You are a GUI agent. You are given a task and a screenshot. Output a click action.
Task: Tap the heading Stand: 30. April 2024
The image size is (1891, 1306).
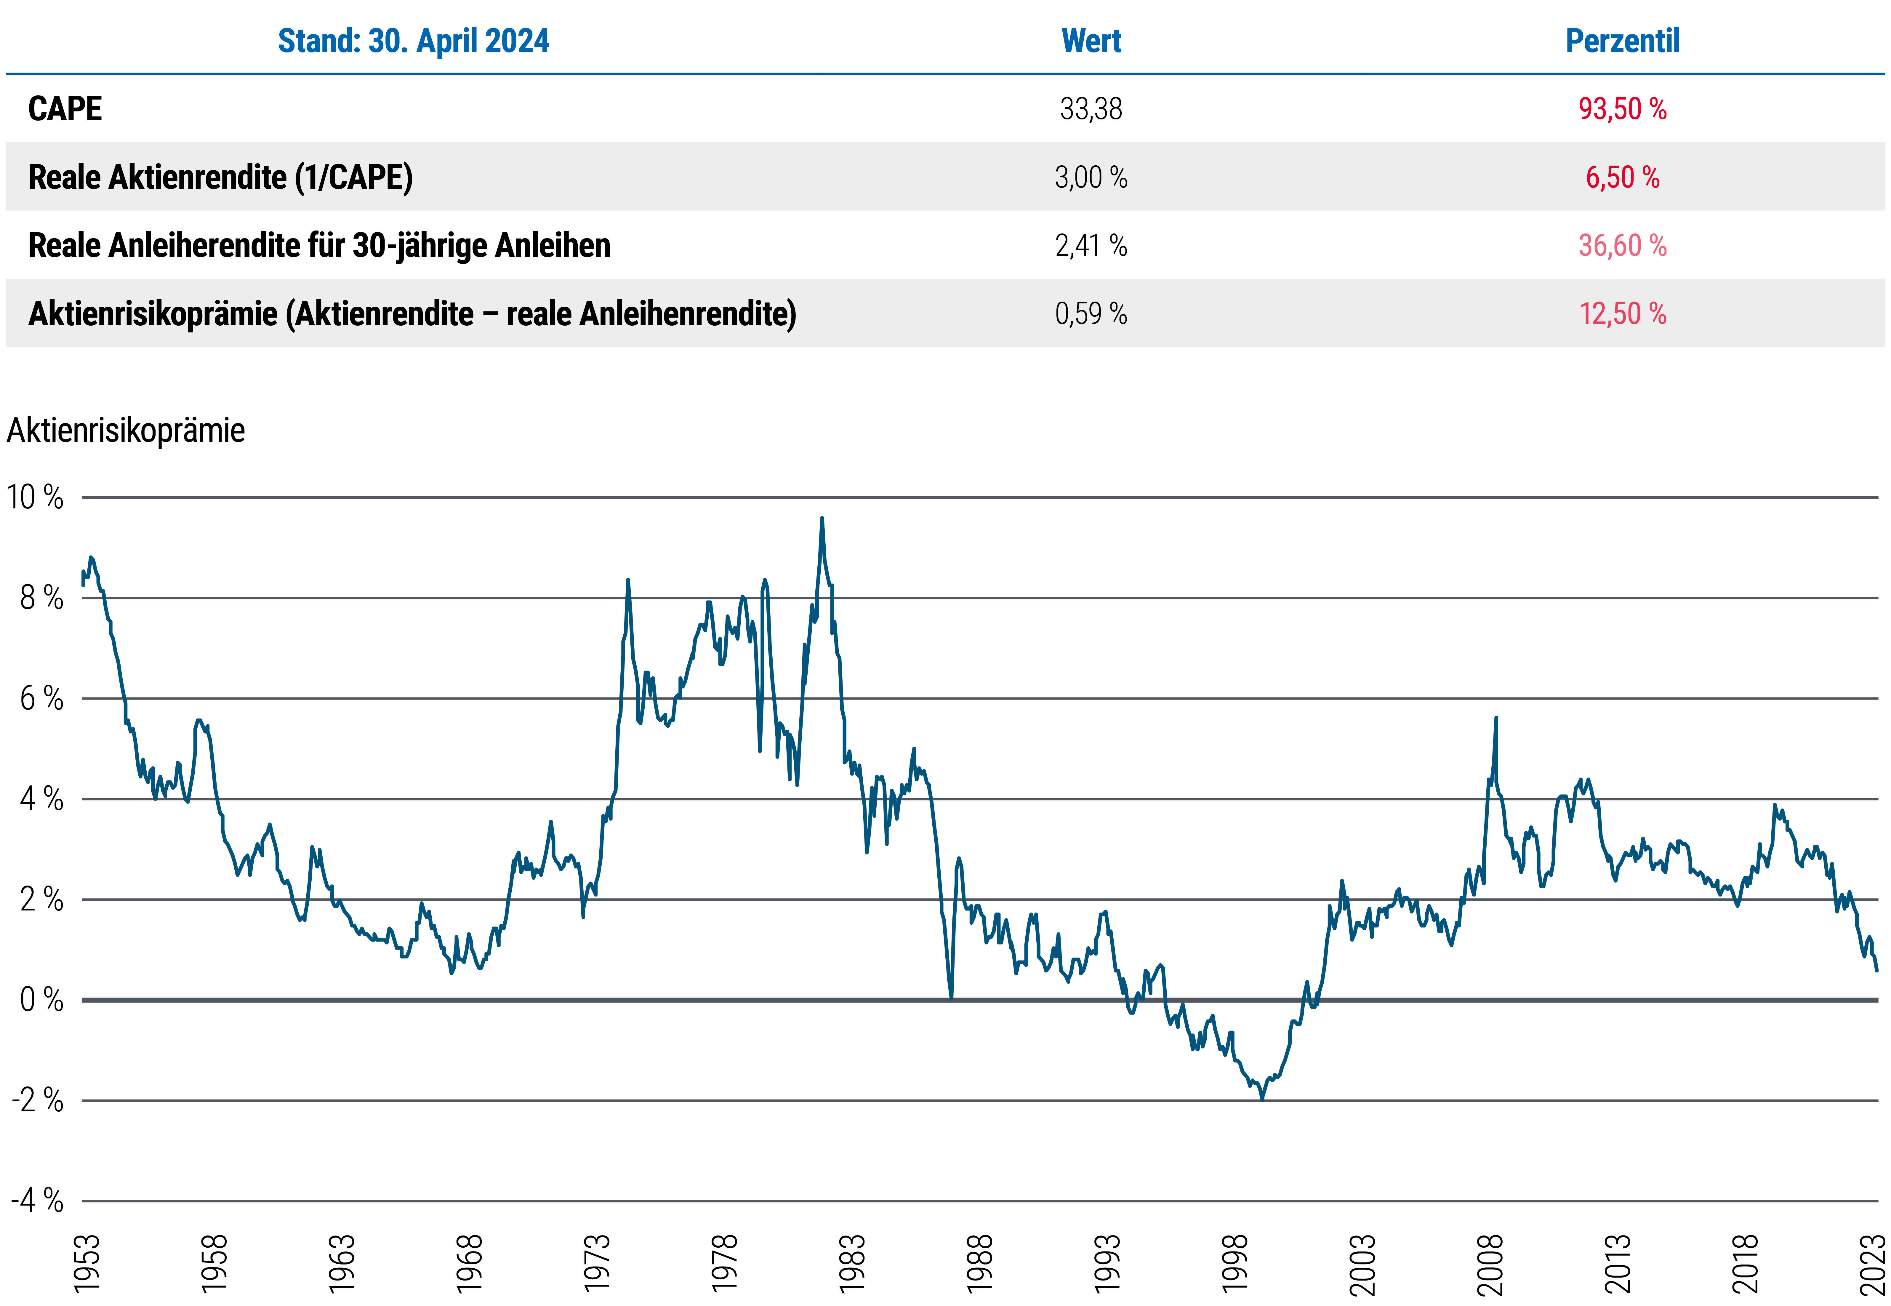pyautogui.click(x=413, y=41)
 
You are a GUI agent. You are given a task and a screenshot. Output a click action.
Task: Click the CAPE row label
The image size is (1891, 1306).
pyautogui.click(x=65, y=109)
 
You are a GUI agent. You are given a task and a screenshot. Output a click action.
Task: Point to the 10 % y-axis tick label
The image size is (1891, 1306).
pyautogui.click(x=35, y=497)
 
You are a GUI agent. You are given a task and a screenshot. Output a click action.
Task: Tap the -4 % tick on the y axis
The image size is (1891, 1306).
pyautogui.click(x=37, y=1201)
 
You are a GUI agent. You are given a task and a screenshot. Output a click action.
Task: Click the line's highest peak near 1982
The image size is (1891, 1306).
pyautogui.click(x=822, y=519)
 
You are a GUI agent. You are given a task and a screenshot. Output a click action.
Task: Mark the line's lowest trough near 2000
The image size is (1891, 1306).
pyautogui.click(x=1262, y=1098)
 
